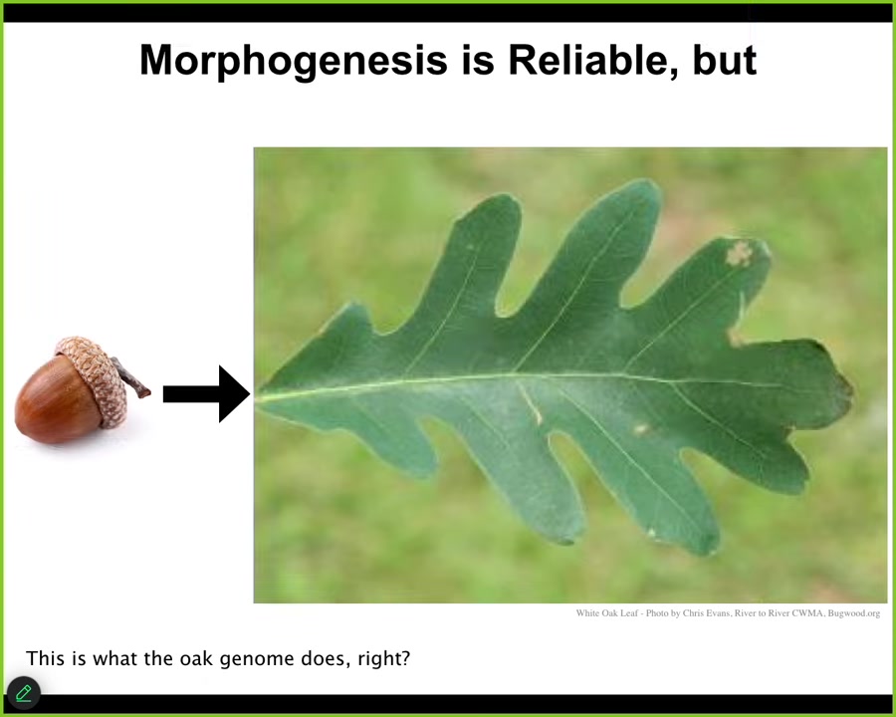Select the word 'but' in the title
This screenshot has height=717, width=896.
[725, 60]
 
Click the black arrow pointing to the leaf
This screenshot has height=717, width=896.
[206, 394]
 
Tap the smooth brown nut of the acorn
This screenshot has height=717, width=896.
[57, 400]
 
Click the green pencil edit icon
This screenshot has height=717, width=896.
[24, 693]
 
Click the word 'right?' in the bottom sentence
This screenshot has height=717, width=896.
[384, 658]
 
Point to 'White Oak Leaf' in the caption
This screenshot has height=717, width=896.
[607, 613]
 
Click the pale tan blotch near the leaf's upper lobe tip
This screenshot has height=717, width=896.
[739, 253]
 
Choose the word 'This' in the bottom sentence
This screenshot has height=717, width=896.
[45, 658]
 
